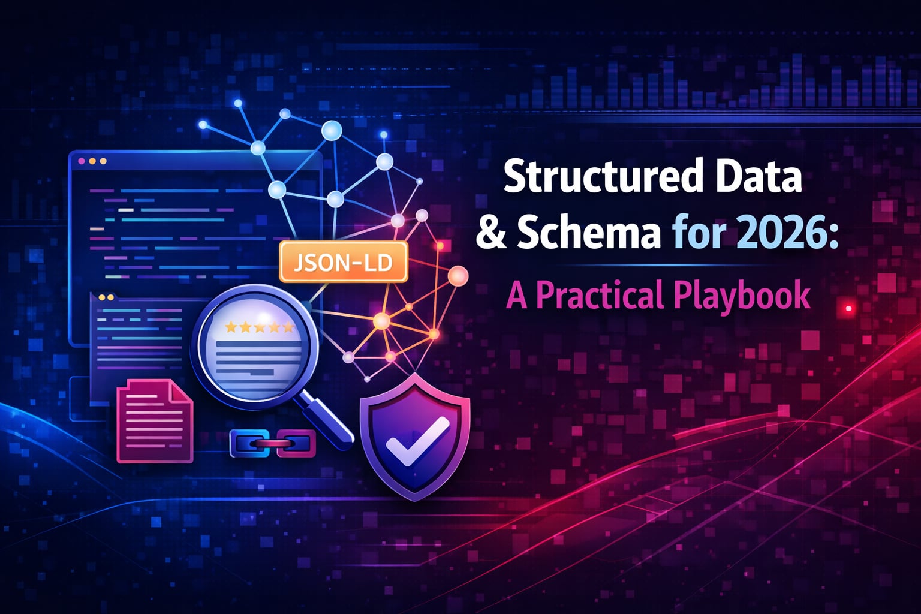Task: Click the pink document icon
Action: [x=155, y=421]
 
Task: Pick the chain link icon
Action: [x=273, y=444]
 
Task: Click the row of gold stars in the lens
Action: [x=258, y=327]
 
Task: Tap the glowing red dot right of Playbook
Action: [x=849, y=308]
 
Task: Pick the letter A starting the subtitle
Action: [x=516, y=296]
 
